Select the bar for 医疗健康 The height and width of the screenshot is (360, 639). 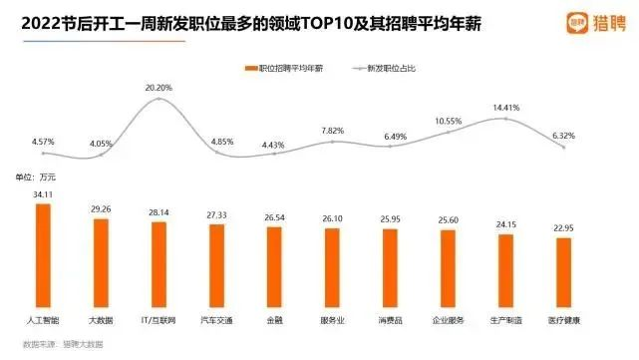(564, 275)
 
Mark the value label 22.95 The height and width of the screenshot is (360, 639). (564, 230)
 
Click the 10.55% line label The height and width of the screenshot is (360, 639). (449, 122)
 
